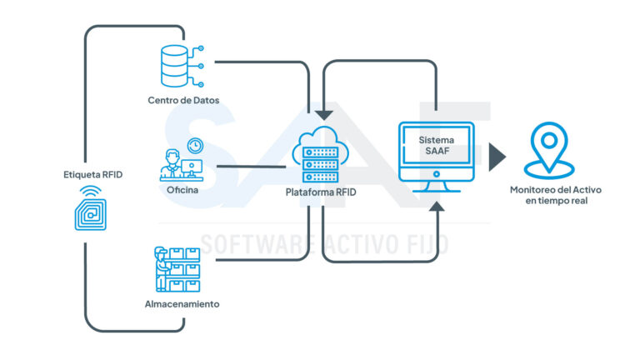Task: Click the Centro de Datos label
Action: click(x=183, y=102)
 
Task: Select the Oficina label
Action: click(x=182, y=191)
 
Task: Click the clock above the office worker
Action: click(x=195, y=145)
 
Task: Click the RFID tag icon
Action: click(x=92, y=209)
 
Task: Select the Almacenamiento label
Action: click(x=182, y=304)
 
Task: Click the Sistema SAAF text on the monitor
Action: click(x=436, y=142)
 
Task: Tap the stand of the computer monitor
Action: click(x=436, y=185)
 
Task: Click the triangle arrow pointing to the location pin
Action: click(x=497, y=156)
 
